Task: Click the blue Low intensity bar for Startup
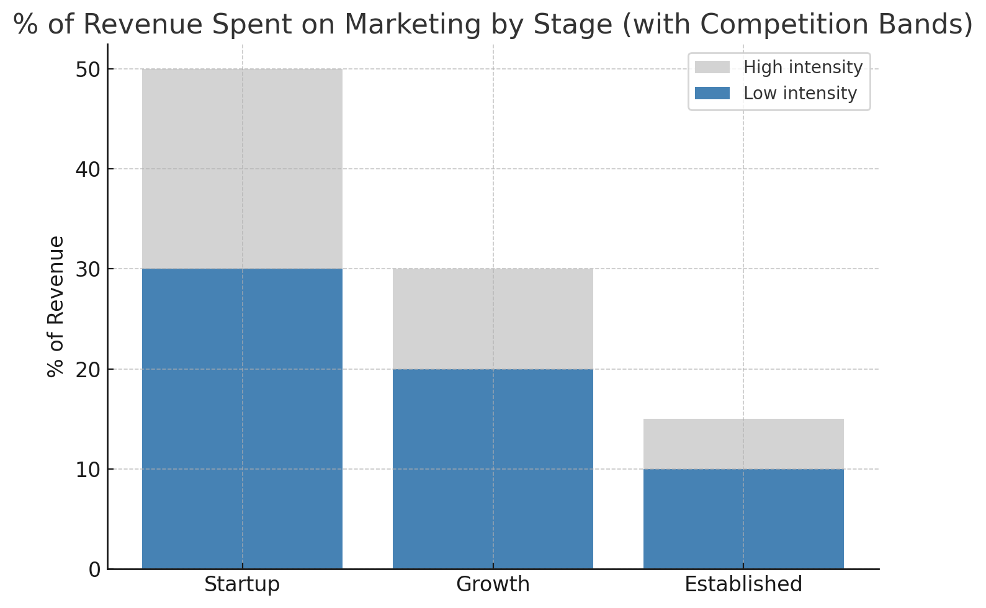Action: tap(242, 419)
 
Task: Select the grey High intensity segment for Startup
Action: tap(242, 169)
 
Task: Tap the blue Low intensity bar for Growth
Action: tap(493, 469)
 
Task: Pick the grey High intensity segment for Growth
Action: tap(493, 319)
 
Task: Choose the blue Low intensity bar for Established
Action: tap(743, 519)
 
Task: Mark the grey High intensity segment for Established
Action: tap(743, 444)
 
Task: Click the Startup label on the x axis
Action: tap(242, 584)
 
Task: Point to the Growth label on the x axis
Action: tap(493, 584)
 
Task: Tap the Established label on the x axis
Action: tap(743, 584)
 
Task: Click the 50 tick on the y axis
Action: tap(88, 69)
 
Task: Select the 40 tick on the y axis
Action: tap(88, 169)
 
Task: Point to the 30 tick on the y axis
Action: tap(88, 269)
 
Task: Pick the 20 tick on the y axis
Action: tap(88, 370)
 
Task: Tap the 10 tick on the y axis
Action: tap(88, 470)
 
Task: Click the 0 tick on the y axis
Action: tap(94, 570)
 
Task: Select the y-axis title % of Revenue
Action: tap(56, 306)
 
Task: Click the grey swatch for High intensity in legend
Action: tap(712, 67)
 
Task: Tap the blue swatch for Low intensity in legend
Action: tap(712, 93)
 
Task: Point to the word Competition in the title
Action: tap(766, 25)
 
